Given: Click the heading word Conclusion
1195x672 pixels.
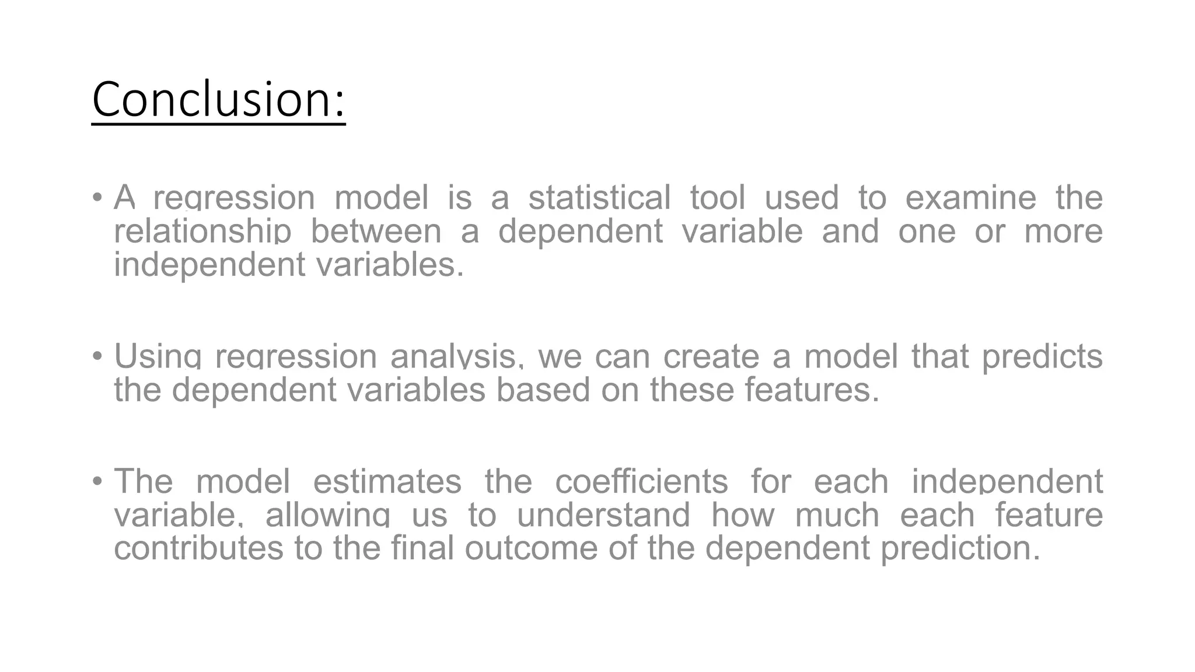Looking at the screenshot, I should point(218,99).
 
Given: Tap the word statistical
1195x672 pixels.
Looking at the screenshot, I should point(599,198).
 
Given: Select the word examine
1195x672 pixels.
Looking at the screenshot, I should point(970,198).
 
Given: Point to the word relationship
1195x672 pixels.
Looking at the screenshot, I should point(202,231).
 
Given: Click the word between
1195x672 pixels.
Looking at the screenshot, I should point(376,231).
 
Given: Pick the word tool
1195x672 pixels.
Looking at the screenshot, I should point(718,198).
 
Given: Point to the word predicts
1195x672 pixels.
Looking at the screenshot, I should point(1042,356).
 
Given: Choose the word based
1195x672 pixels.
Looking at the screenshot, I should point(543,390).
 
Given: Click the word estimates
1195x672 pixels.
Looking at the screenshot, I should point(387,482).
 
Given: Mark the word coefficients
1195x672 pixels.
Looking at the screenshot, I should point(641,482).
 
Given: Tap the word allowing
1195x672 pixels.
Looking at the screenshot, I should point(327,515).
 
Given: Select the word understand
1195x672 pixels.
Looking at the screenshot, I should point(603,515).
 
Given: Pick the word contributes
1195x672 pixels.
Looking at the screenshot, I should point(198,548).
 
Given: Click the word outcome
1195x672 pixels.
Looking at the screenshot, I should point(531,548).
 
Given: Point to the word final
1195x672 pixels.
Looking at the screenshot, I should point(422,548).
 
